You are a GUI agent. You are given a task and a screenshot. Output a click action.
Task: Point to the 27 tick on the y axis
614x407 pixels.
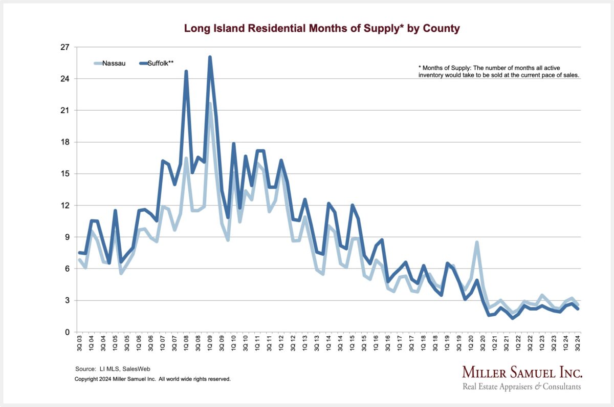pos(65,47)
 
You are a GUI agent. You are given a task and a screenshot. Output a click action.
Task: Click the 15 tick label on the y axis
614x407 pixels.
pos(65,174)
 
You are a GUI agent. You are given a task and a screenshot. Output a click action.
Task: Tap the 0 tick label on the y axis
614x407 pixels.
pos(67,332)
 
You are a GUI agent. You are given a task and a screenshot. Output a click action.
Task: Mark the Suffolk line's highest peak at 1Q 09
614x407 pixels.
pos(210,57)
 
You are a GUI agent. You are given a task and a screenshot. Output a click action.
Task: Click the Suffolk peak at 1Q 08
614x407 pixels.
pos(186,72)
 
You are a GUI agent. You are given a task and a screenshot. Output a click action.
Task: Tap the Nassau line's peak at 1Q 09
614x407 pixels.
pos(209,104)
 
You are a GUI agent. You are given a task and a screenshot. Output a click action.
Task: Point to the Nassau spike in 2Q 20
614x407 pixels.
pos(477,242)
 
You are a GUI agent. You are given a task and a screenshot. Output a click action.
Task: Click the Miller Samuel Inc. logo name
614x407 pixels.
pos(522,372)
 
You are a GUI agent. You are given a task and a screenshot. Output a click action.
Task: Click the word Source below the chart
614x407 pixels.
pos(85,369)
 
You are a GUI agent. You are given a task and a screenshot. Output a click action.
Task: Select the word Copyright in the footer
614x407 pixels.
pos(87,379)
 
